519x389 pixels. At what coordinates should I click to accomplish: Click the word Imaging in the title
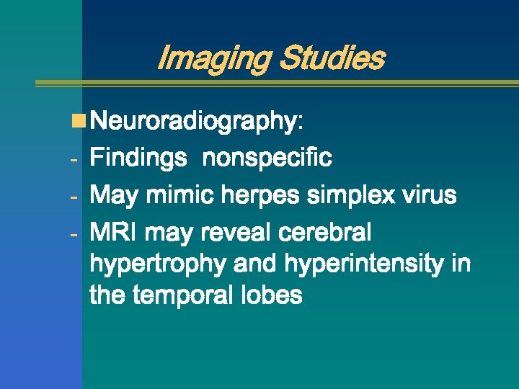pos(210,58)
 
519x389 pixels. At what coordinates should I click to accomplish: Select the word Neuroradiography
pos(192,122)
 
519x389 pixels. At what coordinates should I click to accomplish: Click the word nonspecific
pos(267,158)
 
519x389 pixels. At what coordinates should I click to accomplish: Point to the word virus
pos(427,194)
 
